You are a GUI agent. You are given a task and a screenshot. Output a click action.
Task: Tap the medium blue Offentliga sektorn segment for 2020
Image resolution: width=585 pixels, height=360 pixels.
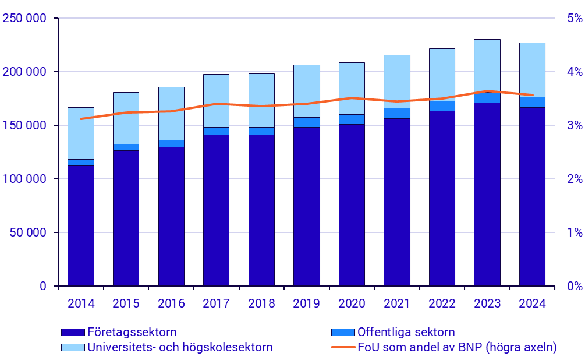(352, 119)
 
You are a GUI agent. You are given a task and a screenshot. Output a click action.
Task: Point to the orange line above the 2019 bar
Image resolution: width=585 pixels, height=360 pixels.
(306, 103)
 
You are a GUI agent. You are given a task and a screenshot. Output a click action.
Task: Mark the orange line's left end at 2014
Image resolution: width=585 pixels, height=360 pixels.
(81, 118)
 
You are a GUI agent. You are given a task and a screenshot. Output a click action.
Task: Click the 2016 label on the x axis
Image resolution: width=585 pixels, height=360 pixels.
(171, 303)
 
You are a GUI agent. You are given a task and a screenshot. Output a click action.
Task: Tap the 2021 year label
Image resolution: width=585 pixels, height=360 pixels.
(397, 303)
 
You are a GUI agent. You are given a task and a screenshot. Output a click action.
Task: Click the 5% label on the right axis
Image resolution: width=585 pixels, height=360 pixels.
(574, 19)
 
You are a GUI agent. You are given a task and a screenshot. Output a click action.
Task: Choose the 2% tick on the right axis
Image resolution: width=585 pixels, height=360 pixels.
(574, 179)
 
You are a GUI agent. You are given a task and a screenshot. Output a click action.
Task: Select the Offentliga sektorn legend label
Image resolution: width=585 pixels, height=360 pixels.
(406, 332)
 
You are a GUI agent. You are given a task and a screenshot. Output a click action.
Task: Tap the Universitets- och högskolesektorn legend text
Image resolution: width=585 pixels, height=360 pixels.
(180, 348)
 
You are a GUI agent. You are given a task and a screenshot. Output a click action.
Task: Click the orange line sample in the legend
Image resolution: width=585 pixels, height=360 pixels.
(342, 348)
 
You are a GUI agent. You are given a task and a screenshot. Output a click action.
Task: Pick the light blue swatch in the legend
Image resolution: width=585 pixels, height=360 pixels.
(73, 348)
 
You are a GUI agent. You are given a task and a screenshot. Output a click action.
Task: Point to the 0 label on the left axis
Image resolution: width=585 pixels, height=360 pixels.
(43, 286)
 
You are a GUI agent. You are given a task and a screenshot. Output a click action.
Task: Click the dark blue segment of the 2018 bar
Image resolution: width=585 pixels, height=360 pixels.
(261, 210)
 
